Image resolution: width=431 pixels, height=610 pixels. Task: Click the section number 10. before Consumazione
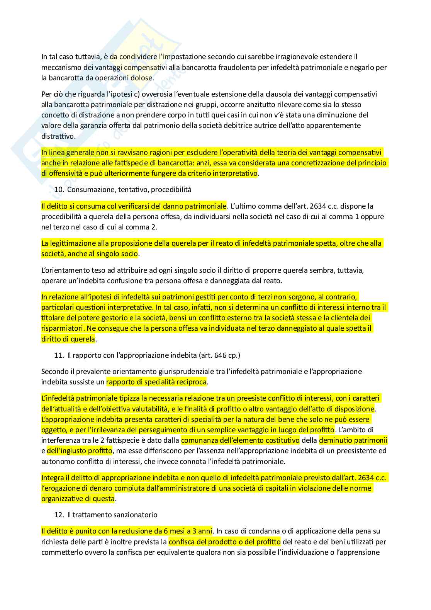59,190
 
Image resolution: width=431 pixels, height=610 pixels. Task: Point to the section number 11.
59,355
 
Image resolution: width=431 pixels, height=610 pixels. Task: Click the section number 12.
59,515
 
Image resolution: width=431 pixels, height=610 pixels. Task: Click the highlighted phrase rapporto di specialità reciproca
157,382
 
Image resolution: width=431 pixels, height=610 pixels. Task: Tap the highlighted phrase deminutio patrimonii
353,440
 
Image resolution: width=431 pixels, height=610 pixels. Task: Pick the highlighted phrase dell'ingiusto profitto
80,451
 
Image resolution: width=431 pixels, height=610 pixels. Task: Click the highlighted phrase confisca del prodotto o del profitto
224,542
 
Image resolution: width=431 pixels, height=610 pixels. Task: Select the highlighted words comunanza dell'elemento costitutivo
240,440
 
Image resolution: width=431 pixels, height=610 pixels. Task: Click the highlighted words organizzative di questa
78,499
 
